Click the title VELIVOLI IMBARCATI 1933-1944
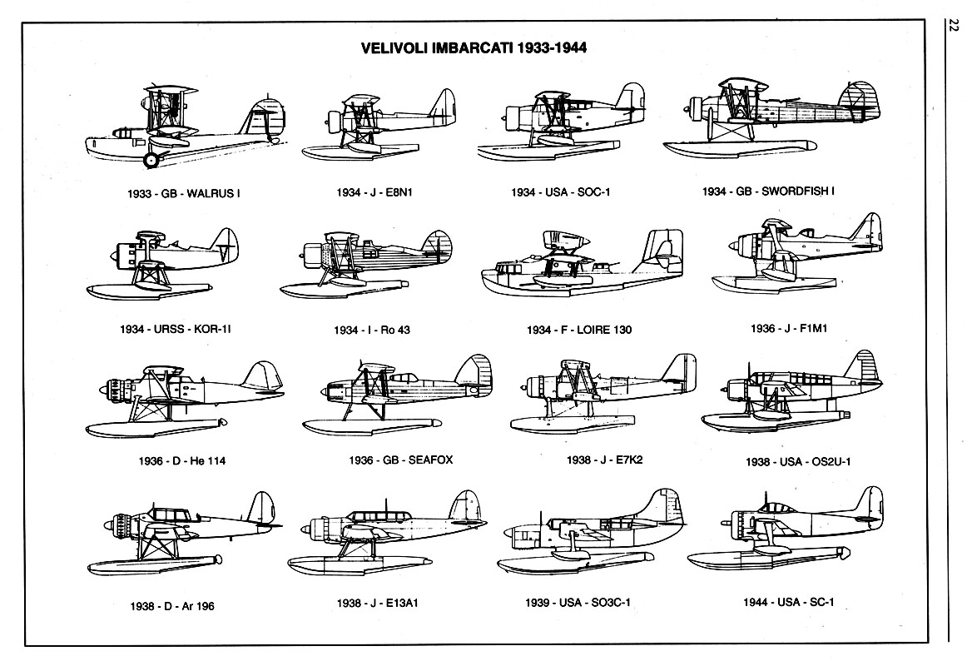click(474, 47)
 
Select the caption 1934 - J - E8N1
click(374, 192)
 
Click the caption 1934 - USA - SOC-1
click(560, 192)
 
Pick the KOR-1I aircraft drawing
click(162, 263)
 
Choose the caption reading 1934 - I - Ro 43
click(372, 330)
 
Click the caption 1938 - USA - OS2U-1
click(798, 461)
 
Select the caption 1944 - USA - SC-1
click(789, 602)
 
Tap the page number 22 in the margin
click(954, 26)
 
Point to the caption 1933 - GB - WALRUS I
click(183, 193)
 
